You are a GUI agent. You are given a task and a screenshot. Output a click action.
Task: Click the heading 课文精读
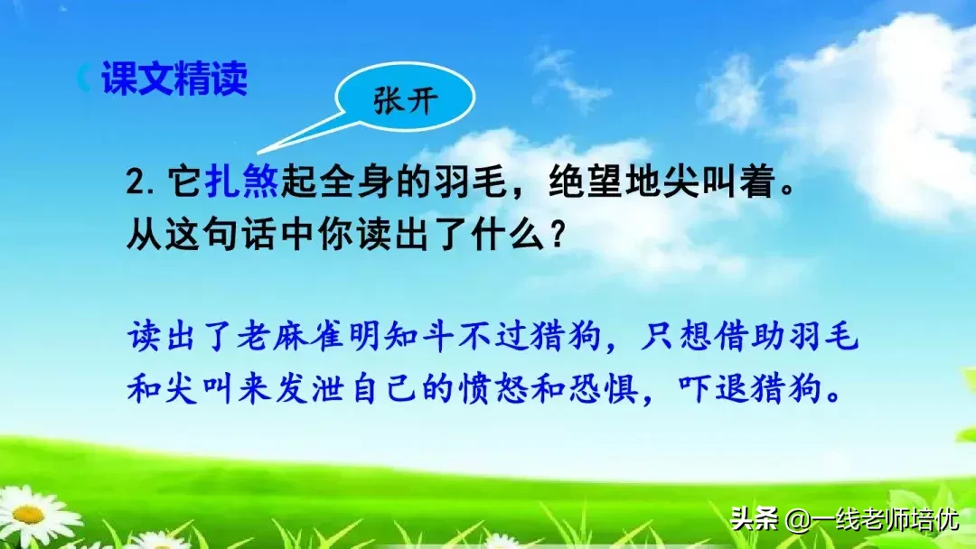coord(174,79)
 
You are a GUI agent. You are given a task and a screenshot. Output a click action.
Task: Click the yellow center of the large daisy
coord(29,514)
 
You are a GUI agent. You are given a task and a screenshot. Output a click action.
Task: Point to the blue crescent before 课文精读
coord(84,79)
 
